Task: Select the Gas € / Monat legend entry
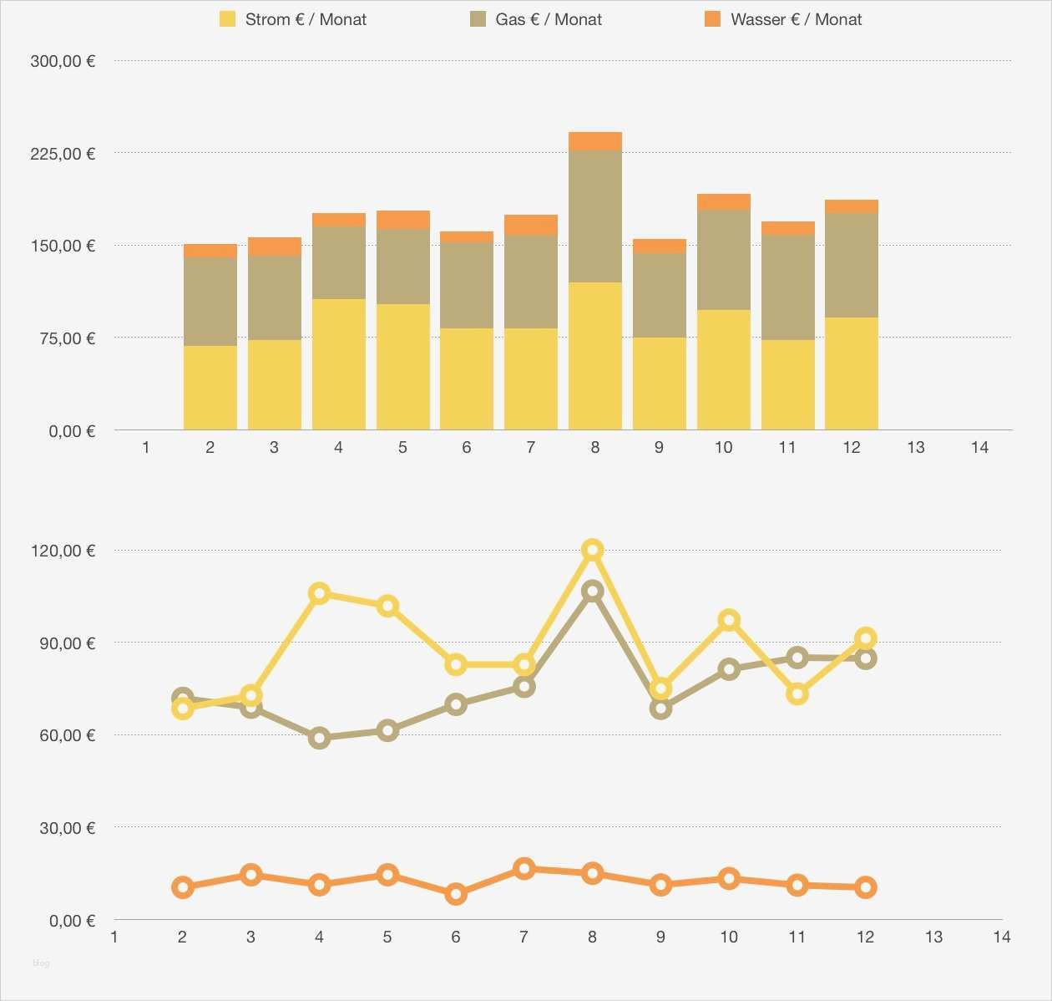(x=537, y=19)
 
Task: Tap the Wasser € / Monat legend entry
(x=784, y=19)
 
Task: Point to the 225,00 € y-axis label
(x=63, y=154)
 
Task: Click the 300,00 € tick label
(x=63, y=61)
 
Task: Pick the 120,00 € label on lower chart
(x=63, y=551)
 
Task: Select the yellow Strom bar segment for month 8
(x=595, y=356)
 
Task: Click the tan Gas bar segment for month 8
(x=595, y=216)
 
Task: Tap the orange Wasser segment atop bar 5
(x=402, y=220)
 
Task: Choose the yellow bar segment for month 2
(x=210, y=388)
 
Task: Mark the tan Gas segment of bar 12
(x=852, y=266)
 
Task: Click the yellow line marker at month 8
(x=593, y=550)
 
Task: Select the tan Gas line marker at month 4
(x=319, y=738)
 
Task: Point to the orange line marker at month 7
(x=524, y=868)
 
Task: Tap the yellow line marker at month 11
(x=797, y=694)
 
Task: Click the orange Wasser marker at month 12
(x=866, y=887)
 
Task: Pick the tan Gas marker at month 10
(x=729, y=669)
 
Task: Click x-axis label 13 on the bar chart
(x=916, y=448)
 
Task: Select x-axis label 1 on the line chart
(x=114, y=937)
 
